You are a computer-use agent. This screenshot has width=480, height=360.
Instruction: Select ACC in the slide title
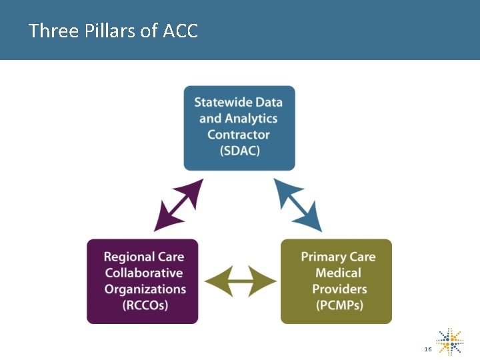click(180, 31)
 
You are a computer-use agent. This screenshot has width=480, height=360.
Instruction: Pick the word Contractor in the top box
click(239, 135)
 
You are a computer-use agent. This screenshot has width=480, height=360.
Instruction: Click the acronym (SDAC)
click(239, 151)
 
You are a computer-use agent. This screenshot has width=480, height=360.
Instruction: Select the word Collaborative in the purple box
click(143, 273)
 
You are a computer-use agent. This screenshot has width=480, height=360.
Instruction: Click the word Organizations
click(145, 289)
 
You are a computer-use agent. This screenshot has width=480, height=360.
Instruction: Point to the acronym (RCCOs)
click(145, 305)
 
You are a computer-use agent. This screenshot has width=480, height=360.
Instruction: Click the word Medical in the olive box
click(338, 273)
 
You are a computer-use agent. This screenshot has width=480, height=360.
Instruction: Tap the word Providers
click(339, 289)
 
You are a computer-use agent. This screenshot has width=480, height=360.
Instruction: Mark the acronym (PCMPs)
click(339, 305)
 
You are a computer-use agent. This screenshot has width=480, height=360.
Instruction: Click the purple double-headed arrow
click(178, 205)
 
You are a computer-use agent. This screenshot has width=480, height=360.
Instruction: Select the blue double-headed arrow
click(298, 205)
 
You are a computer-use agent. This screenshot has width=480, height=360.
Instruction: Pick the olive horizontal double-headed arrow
click(239, 281)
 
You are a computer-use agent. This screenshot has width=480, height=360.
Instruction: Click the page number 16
click(427, 349)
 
